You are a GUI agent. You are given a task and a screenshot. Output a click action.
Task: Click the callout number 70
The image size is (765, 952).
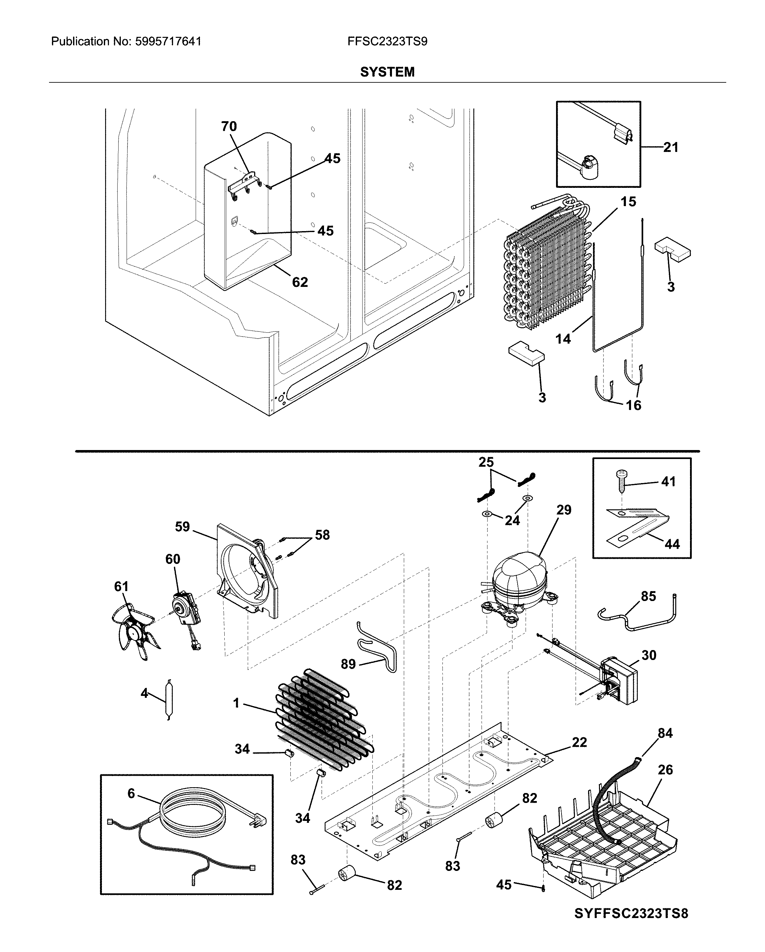point(229,127)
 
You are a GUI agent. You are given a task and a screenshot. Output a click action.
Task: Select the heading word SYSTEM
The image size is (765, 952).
point(387,72)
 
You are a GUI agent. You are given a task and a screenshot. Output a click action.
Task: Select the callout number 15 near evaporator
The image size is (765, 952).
point(628,202)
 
